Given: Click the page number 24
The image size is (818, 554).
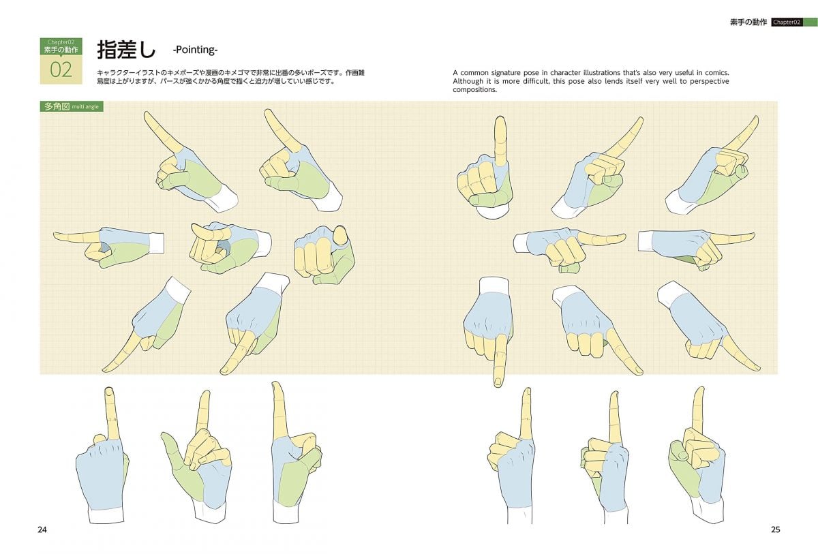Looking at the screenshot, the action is [42, 529].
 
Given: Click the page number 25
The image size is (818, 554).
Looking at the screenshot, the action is [775, 529].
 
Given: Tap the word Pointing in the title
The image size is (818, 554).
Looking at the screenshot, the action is [195, 50].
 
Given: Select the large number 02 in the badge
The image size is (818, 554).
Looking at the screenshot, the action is [61, 70].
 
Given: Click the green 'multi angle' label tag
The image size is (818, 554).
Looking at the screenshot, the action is [72, 106].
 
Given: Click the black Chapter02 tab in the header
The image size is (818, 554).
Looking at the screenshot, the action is [787, 22].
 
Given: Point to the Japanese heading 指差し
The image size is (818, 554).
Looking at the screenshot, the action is [126, 50].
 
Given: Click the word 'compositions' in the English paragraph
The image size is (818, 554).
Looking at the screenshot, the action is [474, 90].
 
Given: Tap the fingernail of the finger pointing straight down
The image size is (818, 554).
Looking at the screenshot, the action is [498, 382].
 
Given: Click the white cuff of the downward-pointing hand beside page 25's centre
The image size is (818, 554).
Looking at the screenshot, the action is [494, 286].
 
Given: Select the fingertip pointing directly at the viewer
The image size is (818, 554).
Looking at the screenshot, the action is [341, 235].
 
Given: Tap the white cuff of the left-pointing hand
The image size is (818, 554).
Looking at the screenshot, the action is [157, 243].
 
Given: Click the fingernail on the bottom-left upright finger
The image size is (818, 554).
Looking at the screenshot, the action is [108, 391].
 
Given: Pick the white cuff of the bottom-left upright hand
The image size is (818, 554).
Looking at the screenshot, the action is [106, 514].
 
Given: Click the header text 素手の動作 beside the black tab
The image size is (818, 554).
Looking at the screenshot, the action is [748, 22].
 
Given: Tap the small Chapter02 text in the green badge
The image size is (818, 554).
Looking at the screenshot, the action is [61, 42].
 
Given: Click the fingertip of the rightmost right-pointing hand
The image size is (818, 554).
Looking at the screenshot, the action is [753, 236].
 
